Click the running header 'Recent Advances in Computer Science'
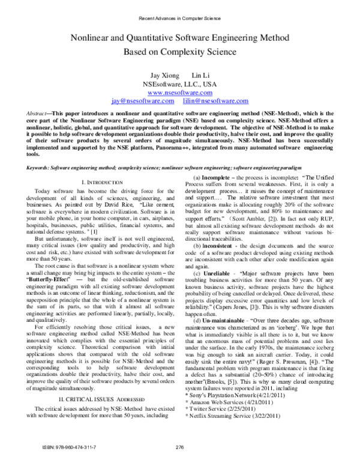pos(179,18)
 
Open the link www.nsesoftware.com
pos(179,93)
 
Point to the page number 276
pos(179,446)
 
